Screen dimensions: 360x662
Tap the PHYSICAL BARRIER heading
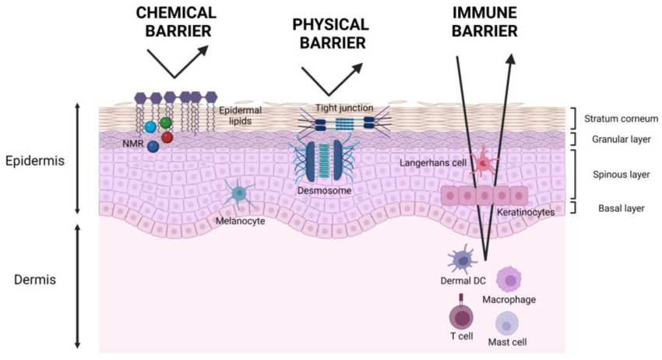pyautogui.click(x=329, y=34)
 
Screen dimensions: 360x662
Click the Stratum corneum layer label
pyautogui.click(x=622, y=118)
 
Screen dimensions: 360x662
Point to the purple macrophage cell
pyautogui.click(x=509, y=278)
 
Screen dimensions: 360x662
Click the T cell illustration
pyautogui.click(x=462, y=316)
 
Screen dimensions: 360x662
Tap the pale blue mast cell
pyautogui.click(x=508, y=322)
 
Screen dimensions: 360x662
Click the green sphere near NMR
pyautogui.click(x=166, y=123)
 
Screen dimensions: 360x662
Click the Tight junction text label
pyautogui.click(x=344, y=108)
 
